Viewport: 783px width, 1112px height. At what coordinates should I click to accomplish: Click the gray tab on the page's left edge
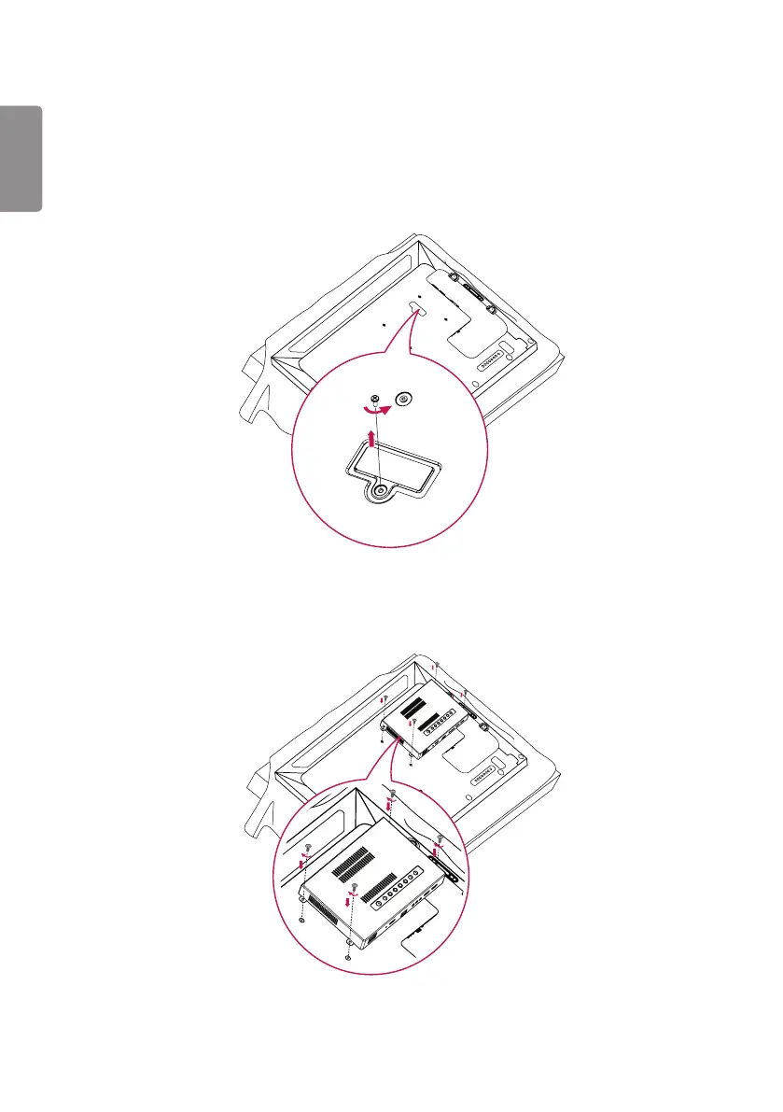21,159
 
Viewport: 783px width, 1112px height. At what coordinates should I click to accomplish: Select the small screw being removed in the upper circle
374,398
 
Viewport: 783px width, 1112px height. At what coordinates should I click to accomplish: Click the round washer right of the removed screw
402,399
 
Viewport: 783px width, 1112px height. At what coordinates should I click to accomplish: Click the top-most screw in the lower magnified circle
393,794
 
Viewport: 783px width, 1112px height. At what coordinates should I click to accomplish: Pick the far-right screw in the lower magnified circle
440,838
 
